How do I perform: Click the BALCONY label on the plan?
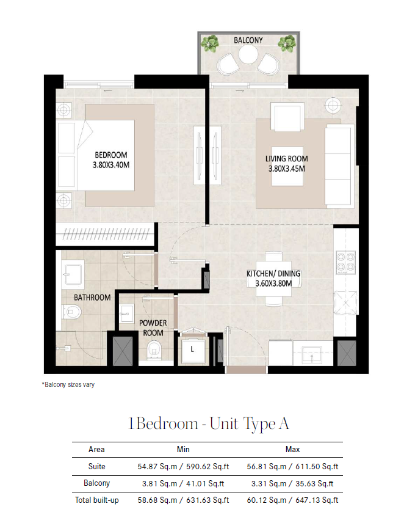pos(248,40)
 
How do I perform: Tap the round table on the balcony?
pos(248,54)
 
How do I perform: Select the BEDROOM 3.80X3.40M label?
pos(111,159)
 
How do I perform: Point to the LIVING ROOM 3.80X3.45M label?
pos(286,164)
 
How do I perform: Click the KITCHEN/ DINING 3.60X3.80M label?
pos(273,278)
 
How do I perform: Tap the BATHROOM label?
pos(92,298)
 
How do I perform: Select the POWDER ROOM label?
pos(153,328)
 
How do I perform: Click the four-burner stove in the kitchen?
pos(346,262)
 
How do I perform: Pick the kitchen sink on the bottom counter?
pos(312,355)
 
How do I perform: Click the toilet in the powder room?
pos(153,350)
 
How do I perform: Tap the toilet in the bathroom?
pos(71,312)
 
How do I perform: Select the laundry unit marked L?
pos(192,350)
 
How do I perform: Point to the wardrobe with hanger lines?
pos(105,234)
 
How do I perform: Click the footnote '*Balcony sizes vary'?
pos(68,384)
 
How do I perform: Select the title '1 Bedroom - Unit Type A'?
pos(209,424)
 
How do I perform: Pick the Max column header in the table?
pos(293,449)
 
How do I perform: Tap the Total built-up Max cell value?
pos(293,500)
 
